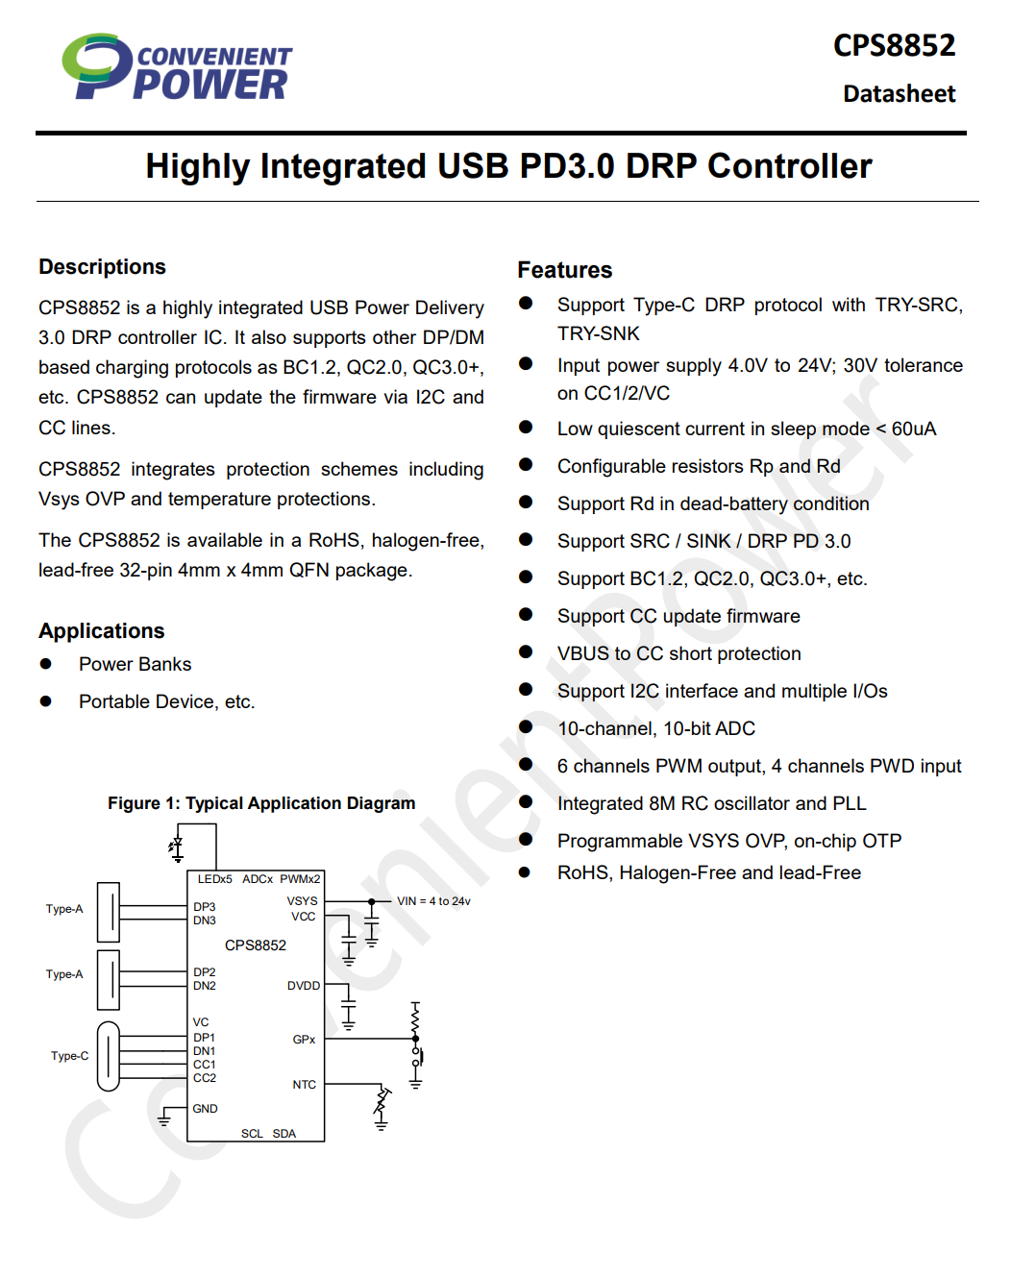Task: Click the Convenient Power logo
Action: [x=178, y=67]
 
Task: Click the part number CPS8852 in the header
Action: [x=894, y=45]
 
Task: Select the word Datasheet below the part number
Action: [x=899, y=94]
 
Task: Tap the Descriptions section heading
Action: [x=102, y=267]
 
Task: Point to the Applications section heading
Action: [x=101, y=631]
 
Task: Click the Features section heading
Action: [x=564, y=270]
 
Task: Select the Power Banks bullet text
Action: [x=135, y=665]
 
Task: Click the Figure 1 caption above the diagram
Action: [x=261, y=803]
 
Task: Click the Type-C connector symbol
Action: [x=109, y=1056]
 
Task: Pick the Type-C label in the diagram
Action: [x=69, y=1056]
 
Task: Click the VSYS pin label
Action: [x=302, y=901]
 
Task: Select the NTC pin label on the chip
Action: [x=304, y=1085]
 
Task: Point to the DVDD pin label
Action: [x=303, y=986]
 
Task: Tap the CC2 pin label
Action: [x=204, y=1078]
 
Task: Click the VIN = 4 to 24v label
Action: [x=433, y=901]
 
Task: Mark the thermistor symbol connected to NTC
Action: [x=382, y=1105]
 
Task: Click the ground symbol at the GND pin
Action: [x=164, y=1119]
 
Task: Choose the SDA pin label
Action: [x=284, y=1134]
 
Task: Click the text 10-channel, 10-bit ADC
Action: [x=655, y=729]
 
